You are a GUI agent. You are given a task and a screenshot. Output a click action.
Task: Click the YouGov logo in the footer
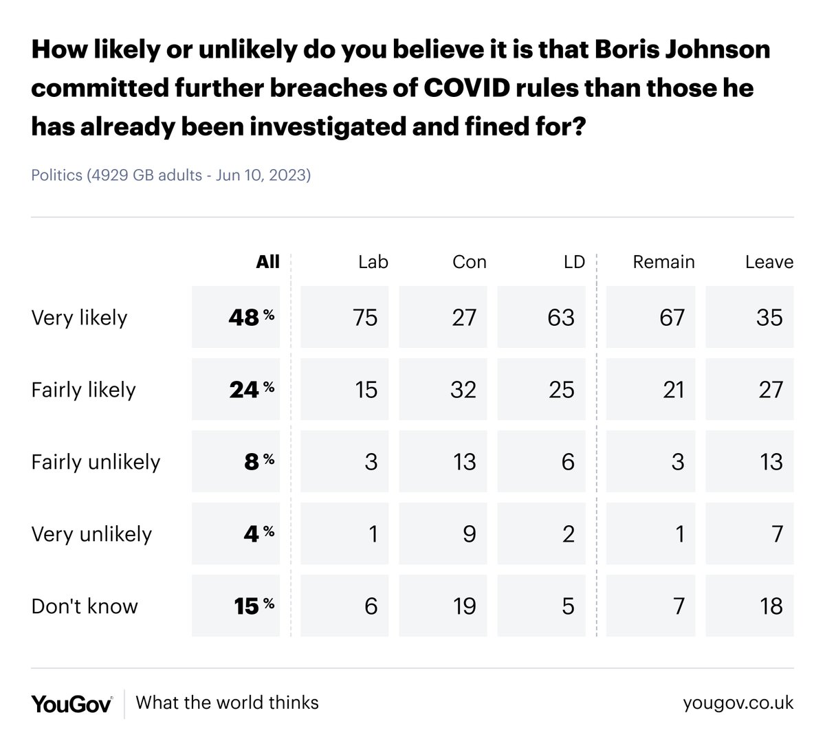(x=71, y=703)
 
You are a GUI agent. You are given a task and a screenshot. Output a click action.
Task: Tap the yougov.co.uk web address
(x=738, y=703)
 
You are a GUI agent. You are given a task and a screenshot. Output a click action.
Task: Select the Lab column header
(x=373, y=262)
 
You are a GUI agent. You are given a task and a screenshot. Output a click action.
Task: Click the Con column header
(x=469, y=262)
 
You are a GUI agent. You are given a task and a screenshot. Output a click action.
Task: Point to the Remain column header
(x=663, y=262)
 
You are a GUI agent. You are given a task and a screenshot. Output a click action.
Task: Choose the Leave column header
(x=769, y=262)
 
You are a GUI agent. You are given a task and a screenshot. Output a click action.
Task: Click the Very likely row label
(x=79, y=318)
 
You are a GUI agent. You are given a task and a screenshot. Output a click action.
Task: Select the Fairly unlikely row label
(x=96, y=462)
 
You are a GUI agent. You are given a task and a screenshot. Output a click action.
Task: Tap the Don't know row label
(x=85, y=606)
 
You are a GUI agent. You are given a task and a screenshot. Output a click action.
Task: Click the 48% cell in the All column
(x=236, y=318)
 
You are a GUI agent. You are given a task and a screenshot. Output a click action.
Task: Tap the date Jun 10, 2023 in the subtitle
(x=263, y=175)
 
